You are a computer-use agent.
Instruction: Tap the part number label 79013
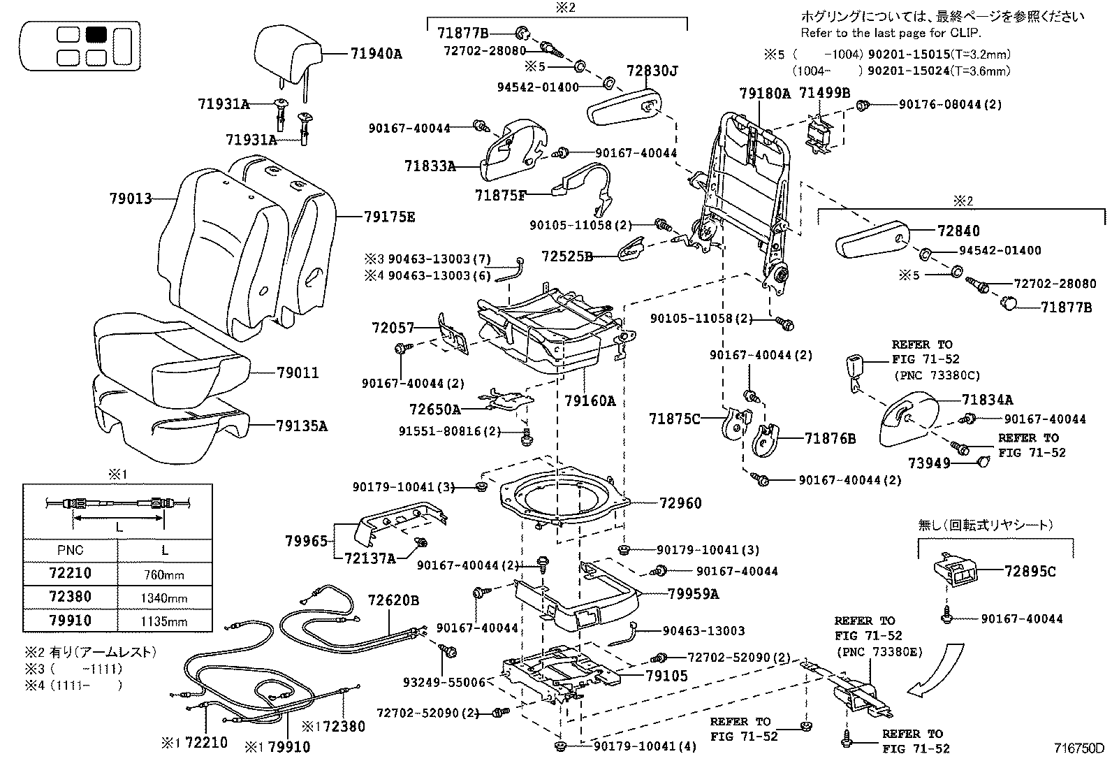(x=130, y=198)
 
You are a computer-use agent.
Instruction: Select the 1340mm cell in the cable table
(x=164, y=598)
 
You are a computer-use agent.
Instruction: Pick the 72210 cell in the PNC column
(x=70, y=574)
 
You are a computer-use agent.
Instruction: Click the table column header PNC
(x=70, y=550)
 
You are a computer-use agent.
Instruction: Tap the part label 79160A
(x=590, y=401)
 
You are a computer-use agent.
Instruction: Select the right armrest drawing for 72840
(x=873, y=242)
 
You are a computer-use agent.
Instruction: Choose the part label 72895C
(x=1030, y=571)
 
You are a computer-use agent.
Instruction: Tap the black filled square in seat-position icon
(x=96, y=34)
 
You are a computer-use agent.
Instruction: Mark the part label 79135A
(x=301, y=426)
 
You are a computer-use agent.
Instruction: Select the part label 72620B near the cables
(x=394, y=600)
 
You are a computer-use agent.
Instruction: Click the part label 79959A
(x=693, y=594)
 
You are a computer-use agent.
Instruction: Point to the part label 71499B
(x=825, y=92)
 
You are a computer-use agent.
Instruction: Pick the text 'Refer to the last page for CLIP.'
(x=891, y=32)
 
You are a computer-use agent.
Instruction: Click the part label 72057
(x=393, y=327)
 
